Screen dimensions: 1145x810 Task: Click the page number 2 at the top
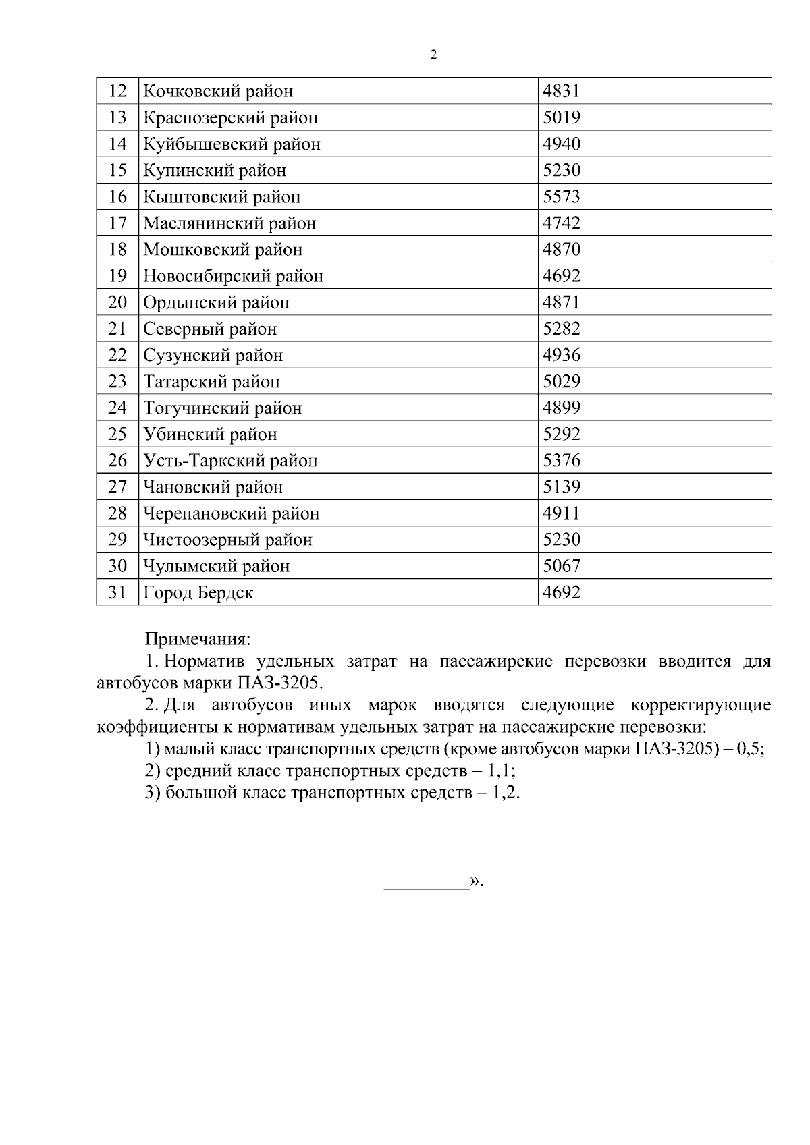433,55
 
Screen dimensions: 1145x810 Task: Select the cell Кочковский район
218,91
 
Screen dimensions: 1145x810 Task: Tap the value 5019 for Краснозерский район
562,117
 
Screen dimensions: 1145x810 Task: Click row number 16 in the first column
117,197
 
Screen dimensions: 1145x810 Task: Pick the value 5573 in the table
562,197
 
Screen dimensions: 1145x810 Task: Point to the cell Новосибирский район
233,276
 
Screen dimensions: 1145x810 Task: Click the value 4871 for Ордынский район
562,302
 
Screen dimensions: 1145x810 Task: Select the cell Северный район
210,329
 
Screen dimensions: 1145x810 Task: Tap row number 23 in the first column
117,382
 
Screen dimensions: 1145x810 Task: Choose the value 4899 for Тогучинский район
562,408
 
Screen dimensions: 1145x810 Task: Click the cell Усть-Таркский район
230,461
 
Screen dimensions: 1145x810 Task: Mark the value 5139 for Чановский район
562,487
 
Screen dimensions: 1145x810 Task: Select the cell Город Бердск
198,593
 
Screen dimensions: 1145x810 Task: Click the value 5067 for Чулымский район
562,566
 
